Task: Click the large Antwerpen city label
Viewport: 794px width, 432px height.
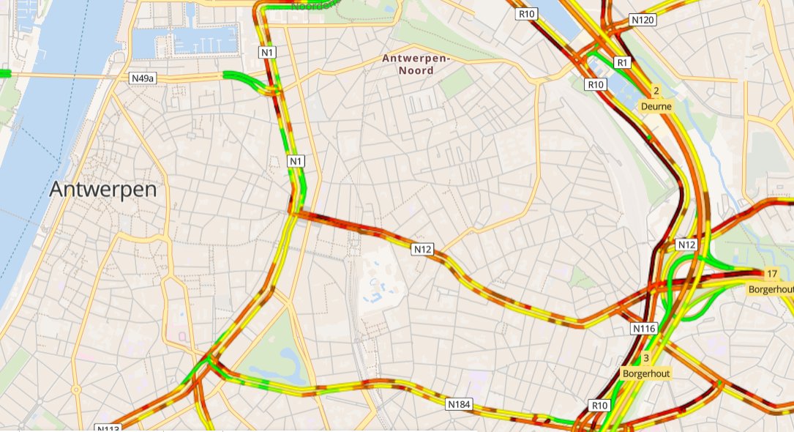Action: click(103, 190)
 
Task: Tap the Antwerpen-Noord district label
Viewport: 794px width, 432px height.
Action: click(415, 64)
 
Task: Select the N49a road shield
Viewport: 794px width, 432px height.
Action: click(143, 78)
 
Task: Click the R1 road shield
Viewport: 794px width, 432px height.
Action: click(623, 62)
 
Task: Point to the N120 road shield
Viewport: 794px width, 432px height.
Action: click(643, 20)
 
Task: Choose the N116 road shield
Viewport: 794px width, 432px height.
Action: click(644, 329)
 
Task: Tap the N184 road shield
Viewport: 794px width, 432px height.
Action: click(459, 403)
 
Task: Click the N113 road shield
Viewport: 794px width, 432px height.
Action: click(107, 428)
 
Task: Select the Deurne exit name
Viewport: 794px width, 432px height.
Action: click(656, 106)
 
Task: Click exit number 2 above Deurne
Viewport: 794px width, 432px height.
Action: click(656, 92)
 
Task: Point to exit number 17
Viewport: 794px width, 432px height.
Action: click(771, 274)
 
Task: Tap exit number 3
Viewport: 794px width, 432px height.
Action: click(645, 358)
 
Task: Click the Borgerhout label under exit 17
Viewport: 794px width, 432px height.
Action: click(771, 289)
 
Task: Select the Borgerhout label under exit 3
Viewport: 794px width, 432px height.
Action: click(645, 373)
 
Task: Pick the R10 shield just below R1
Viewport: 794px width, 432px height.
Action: click(596, 85)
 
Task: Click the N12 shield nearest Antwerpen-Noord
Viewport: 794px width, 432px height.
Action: click(423, 250)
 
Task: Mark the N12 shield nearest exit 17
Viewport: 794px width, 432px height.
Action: click(686, 244)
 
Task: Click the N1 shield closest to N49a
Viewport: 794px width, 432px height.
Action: click(268, 52)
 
